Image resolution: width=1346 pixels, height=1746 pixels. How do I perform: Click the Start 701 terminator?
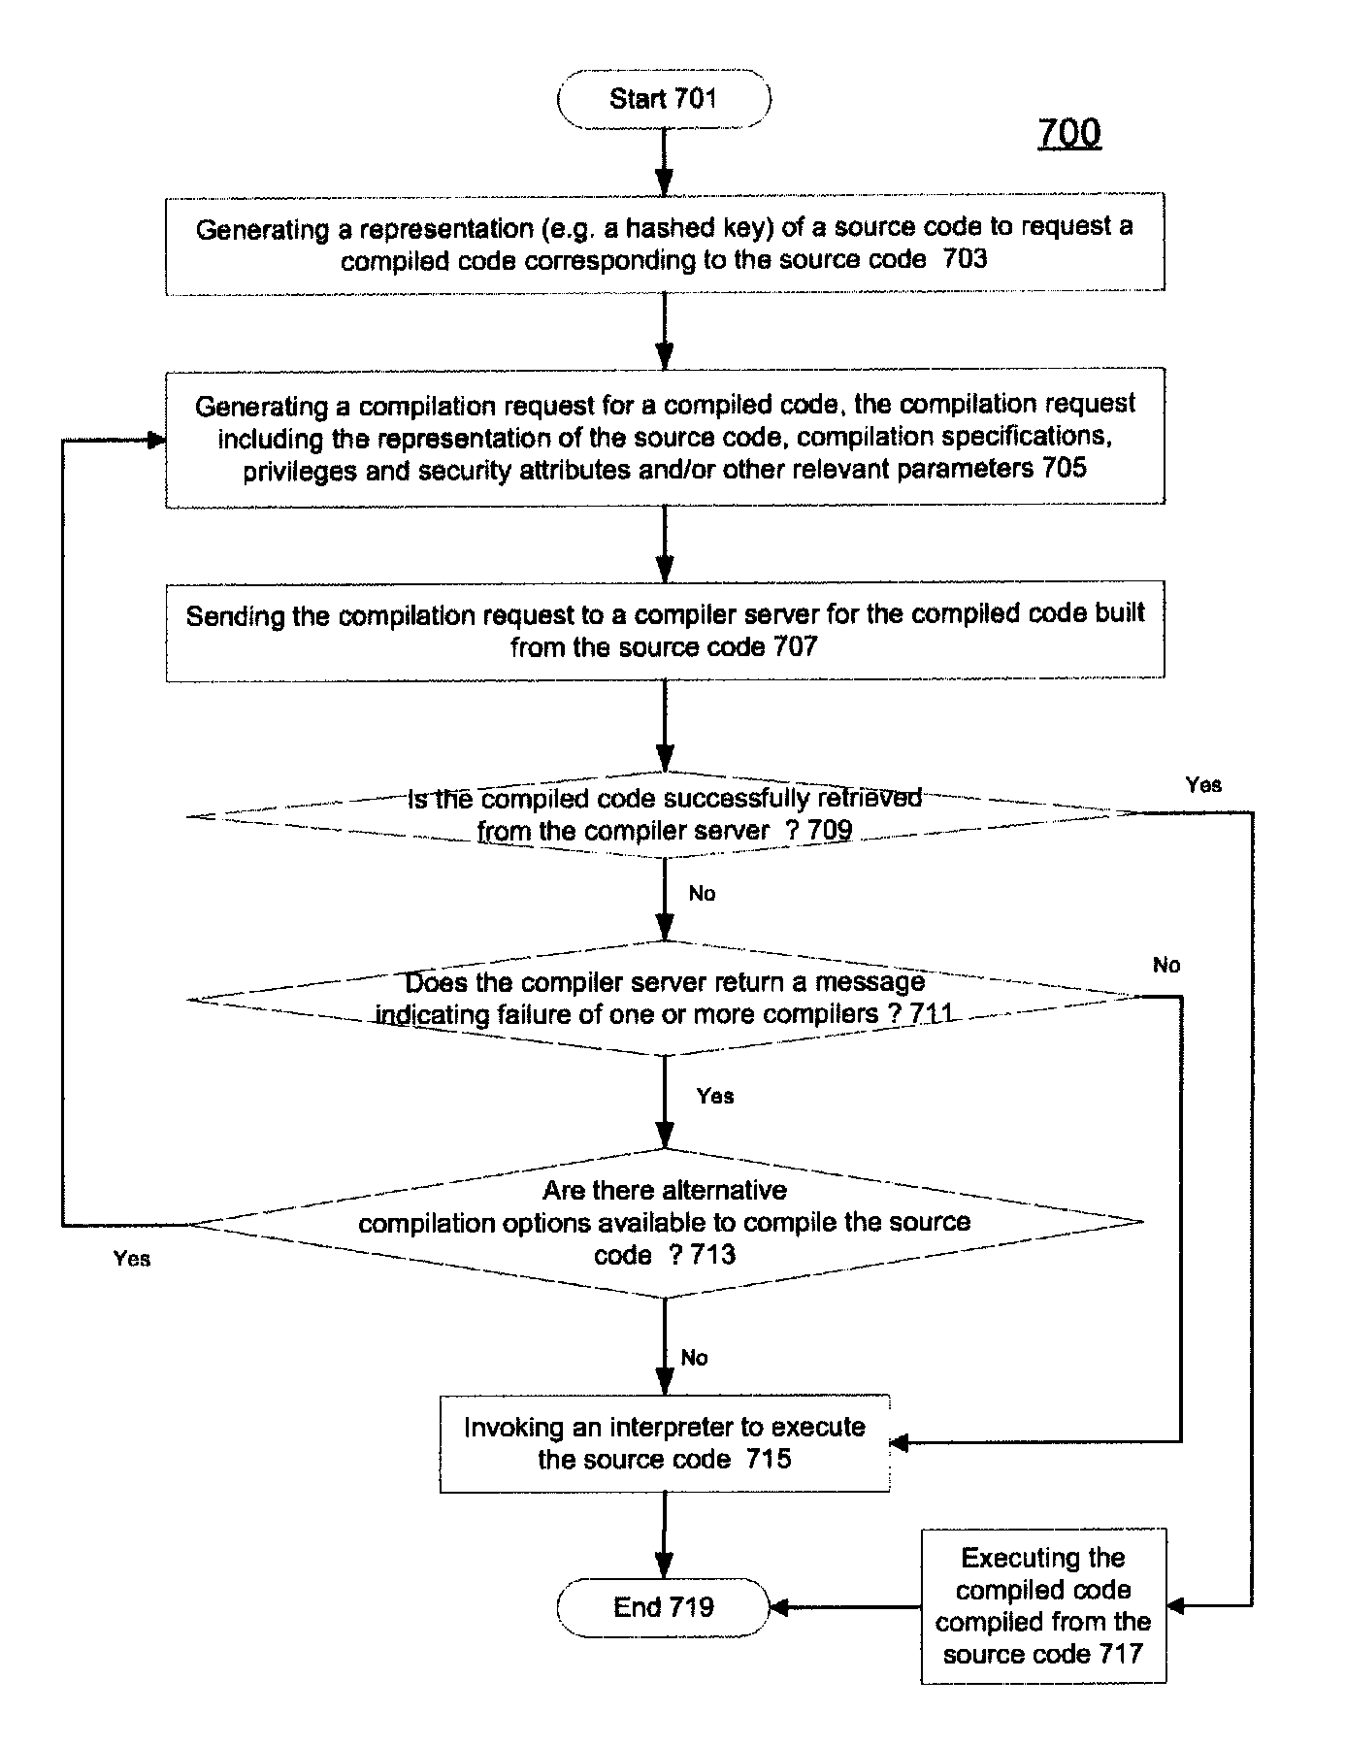(x=664, y=99)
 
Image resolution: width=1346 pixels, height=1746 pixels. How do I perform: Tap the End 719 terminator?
(x=664, y=1607)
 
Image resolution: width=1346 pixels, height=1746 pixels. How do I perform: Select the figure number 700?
(x=1069, y=132)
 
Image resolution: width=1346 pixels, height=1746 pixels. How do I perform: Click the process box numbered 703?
(x=665, y=244)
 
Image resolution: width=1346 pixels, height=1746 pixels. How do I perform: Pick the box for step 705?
(x=665, y=437)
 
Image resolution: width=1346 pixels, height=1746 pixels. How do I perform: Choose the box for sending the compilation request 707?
(x=665, y=631)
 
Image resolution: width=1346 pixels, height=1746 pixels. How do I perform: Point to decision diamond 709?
(x=665, y=815)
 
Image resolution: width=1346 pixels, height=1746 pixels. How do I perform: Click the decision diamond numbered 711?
(x=665, y=998)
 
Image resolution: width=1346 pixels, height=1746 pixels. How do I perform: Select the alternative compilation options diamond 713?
(x=665, y=1223)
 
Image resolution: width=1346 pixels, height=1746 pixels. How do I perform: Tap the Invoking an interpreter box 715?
(x=665, y=1443)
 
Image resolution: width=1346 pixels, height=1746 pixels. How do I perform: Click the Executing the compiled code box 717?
(x=1043, y=1605)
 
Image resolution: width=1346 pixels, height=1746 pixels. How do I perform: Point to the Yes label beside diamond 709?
(x=1203, y=784)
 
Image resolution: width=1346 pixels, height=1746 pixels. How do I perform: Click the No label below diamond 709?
(x=702, y=893)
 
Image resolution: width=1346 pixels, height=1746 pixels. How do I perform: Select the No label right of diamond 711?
(x=1166, y=965)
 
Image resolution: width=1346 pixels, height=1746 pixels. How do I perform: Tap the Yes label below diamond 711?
(x=715, y=1096)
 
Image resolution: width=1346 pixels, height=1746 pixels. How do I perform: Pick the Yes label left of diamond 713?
(x=132, y=1259)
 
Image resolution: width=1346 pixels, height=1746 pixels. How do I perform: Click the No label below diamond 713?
(x=694, y=1357)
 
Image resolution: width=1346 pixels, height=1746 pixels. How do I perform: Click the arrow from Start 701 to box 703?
(x=664, y=161)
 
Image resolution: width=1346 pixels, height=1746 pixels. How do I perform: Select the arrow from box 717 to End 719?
(x=845, y=1607)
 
